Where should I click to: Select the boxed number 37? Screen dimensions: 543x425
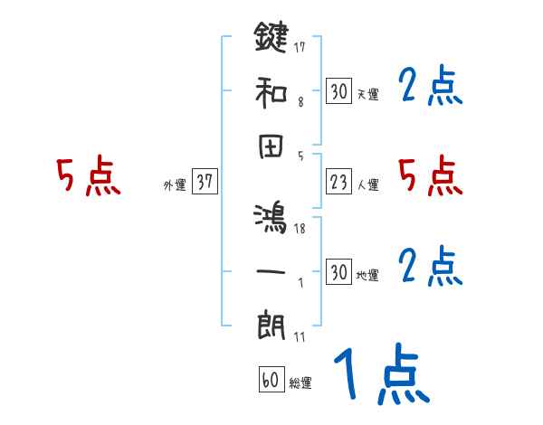pos(205,182)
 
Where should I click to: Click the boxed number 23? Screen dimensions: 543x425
pos(339,182)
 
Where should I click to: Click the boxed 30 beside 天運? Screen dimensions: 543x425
pos(339,91)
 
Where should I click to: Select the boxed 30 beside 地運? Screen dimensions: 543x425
pos(339,272)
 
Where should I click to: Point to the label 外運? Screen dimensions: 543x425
pos(175,185)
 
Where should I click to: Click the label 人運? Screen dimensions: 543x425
pos(368,185)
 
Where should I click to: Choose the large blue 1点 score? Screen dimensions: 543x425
pos(379,375)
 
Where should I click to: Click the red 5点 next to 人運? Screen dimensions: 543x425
pos(431,176)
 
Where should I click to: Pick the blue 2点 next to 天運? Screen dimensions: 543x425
pos(431,86)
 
